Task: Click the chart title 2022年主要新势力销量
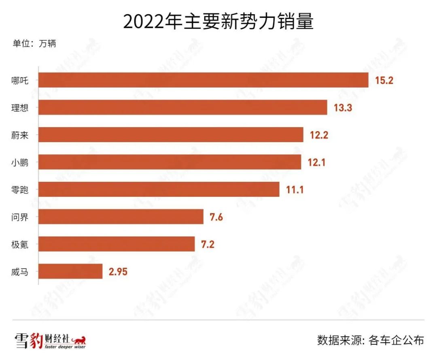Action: click(218, 22)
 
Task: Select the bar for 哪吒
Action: click(204, 80)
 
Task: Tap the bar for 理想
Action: click(183, 107)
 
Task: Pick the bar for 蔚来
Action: click(171, 134)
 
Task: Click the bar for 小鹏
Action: click(170, 162)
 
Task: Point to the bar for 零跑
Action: click(159, 189)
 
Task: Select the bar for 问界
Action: click(121, 217)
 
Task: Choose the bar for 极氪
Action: click(117, 244)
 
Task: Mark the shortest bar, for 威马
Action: click(70, 271)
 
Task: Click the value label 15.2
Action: click(384, 80)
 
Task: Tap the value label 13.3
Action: click(343, 108)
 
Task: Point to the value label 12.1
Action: click(317, 162)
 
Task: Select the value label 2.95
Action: click(118, 272)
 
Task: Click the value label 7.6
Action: click(216, 217)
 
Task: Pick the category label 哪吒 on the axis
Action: click(20, 80)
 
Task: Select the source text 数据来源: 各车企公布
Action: click(370, 340)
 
